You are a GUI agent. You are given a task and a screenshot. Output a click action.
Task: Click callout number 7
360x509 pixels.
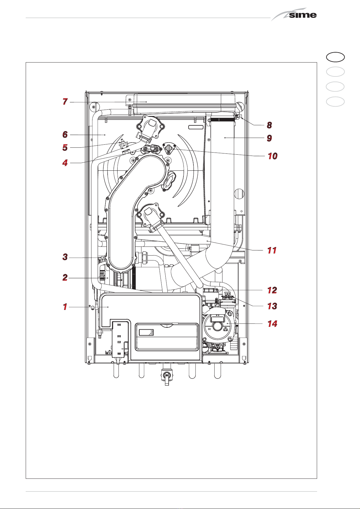pos(65,101)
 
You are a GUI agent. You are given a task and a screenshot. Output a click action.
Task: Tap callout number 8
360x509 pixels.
pos(270,125)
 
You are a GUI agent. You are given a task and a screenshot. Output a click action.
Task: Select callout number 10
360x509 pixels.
pos(273,156)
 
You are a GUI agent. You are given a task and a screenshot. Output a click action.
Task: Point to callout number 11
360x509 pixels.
pos(272,250)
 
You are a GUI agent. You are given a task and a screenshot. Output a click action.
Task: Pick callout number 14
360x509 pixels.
pos(272,324)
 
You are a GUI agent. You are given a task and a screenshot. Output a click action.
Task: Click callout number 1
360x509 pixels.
pos(65,307)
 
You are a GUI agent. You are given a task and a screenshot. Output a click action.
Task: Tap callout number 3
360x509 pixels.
pos(65,257)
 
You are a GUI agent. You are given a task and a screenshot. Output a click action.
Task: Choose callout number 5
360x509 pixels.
pos(65,147)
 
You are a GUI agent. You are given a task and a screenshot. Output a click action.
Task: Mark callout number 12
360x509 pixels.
pos(272,290)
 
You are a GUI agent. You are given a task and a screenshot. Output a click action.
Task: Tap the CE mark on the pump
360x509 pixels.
pos(209,329)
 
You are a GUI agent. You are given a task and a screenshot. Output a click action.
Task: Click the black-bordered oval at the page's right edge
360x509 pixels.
pos(335,57)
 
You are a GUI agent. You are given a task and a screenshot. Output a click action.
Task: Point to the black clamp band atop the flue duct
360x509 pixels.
pos(222,120)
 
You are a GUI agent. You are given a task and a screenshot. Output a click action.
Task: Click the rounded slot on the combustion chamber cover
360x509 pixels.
pos(196,127)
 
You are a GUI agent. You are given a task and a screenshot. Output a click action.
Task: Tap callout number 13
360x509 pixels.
pos(272,306)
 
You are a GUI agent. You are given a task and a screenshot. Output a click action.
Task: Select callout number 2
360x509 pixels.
pos(65,277)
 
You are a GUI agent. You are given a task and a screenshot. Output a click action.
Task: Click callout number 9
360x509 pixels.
pos(270,138)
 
